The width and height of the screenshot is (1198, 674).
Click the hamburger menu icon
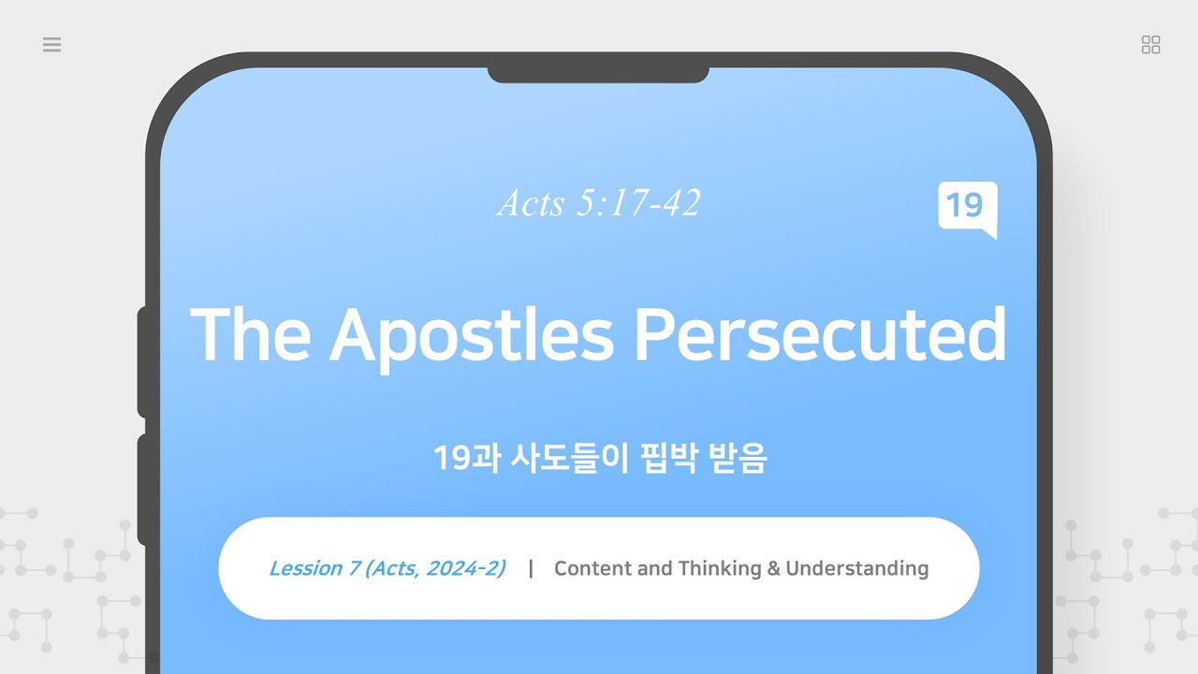pyautogui.click(x=52, y=45)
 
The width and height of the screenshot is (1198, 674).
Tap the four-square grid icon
pyautogui.click(x=1151, y=45)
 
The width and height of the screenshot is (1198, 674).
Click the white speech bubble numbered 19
pyautogui.click(x=967, y=207)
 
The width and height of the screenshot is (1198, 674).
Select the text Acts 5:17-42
pyautogui.click(x=599, y=203)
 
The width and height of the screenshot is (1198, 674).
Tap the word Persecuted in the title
pyautogui.click(x=820, y=334)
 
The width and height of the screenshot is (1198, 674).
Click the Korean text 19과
pyautogui.click(x=466, y=459)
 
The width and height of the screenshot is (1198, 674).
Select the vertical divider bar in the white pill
pyautogui.click(x=531, y=568)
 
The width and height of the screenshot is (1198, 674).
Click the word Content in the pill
pyautogui.click(x=592, y=568)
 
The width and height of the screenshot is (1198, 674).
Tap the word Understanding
pyautogui.click(x=856, y=568)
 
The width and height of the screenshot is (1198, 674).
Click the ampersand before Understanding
pyautogui.click(x=773, y=568)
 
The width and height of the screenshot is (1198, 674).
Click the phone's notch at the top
pyautogui.click(x=598, y=72)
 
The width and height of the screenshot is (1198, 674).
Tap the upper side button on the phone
pyautogui.click(x=142, y=360)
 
